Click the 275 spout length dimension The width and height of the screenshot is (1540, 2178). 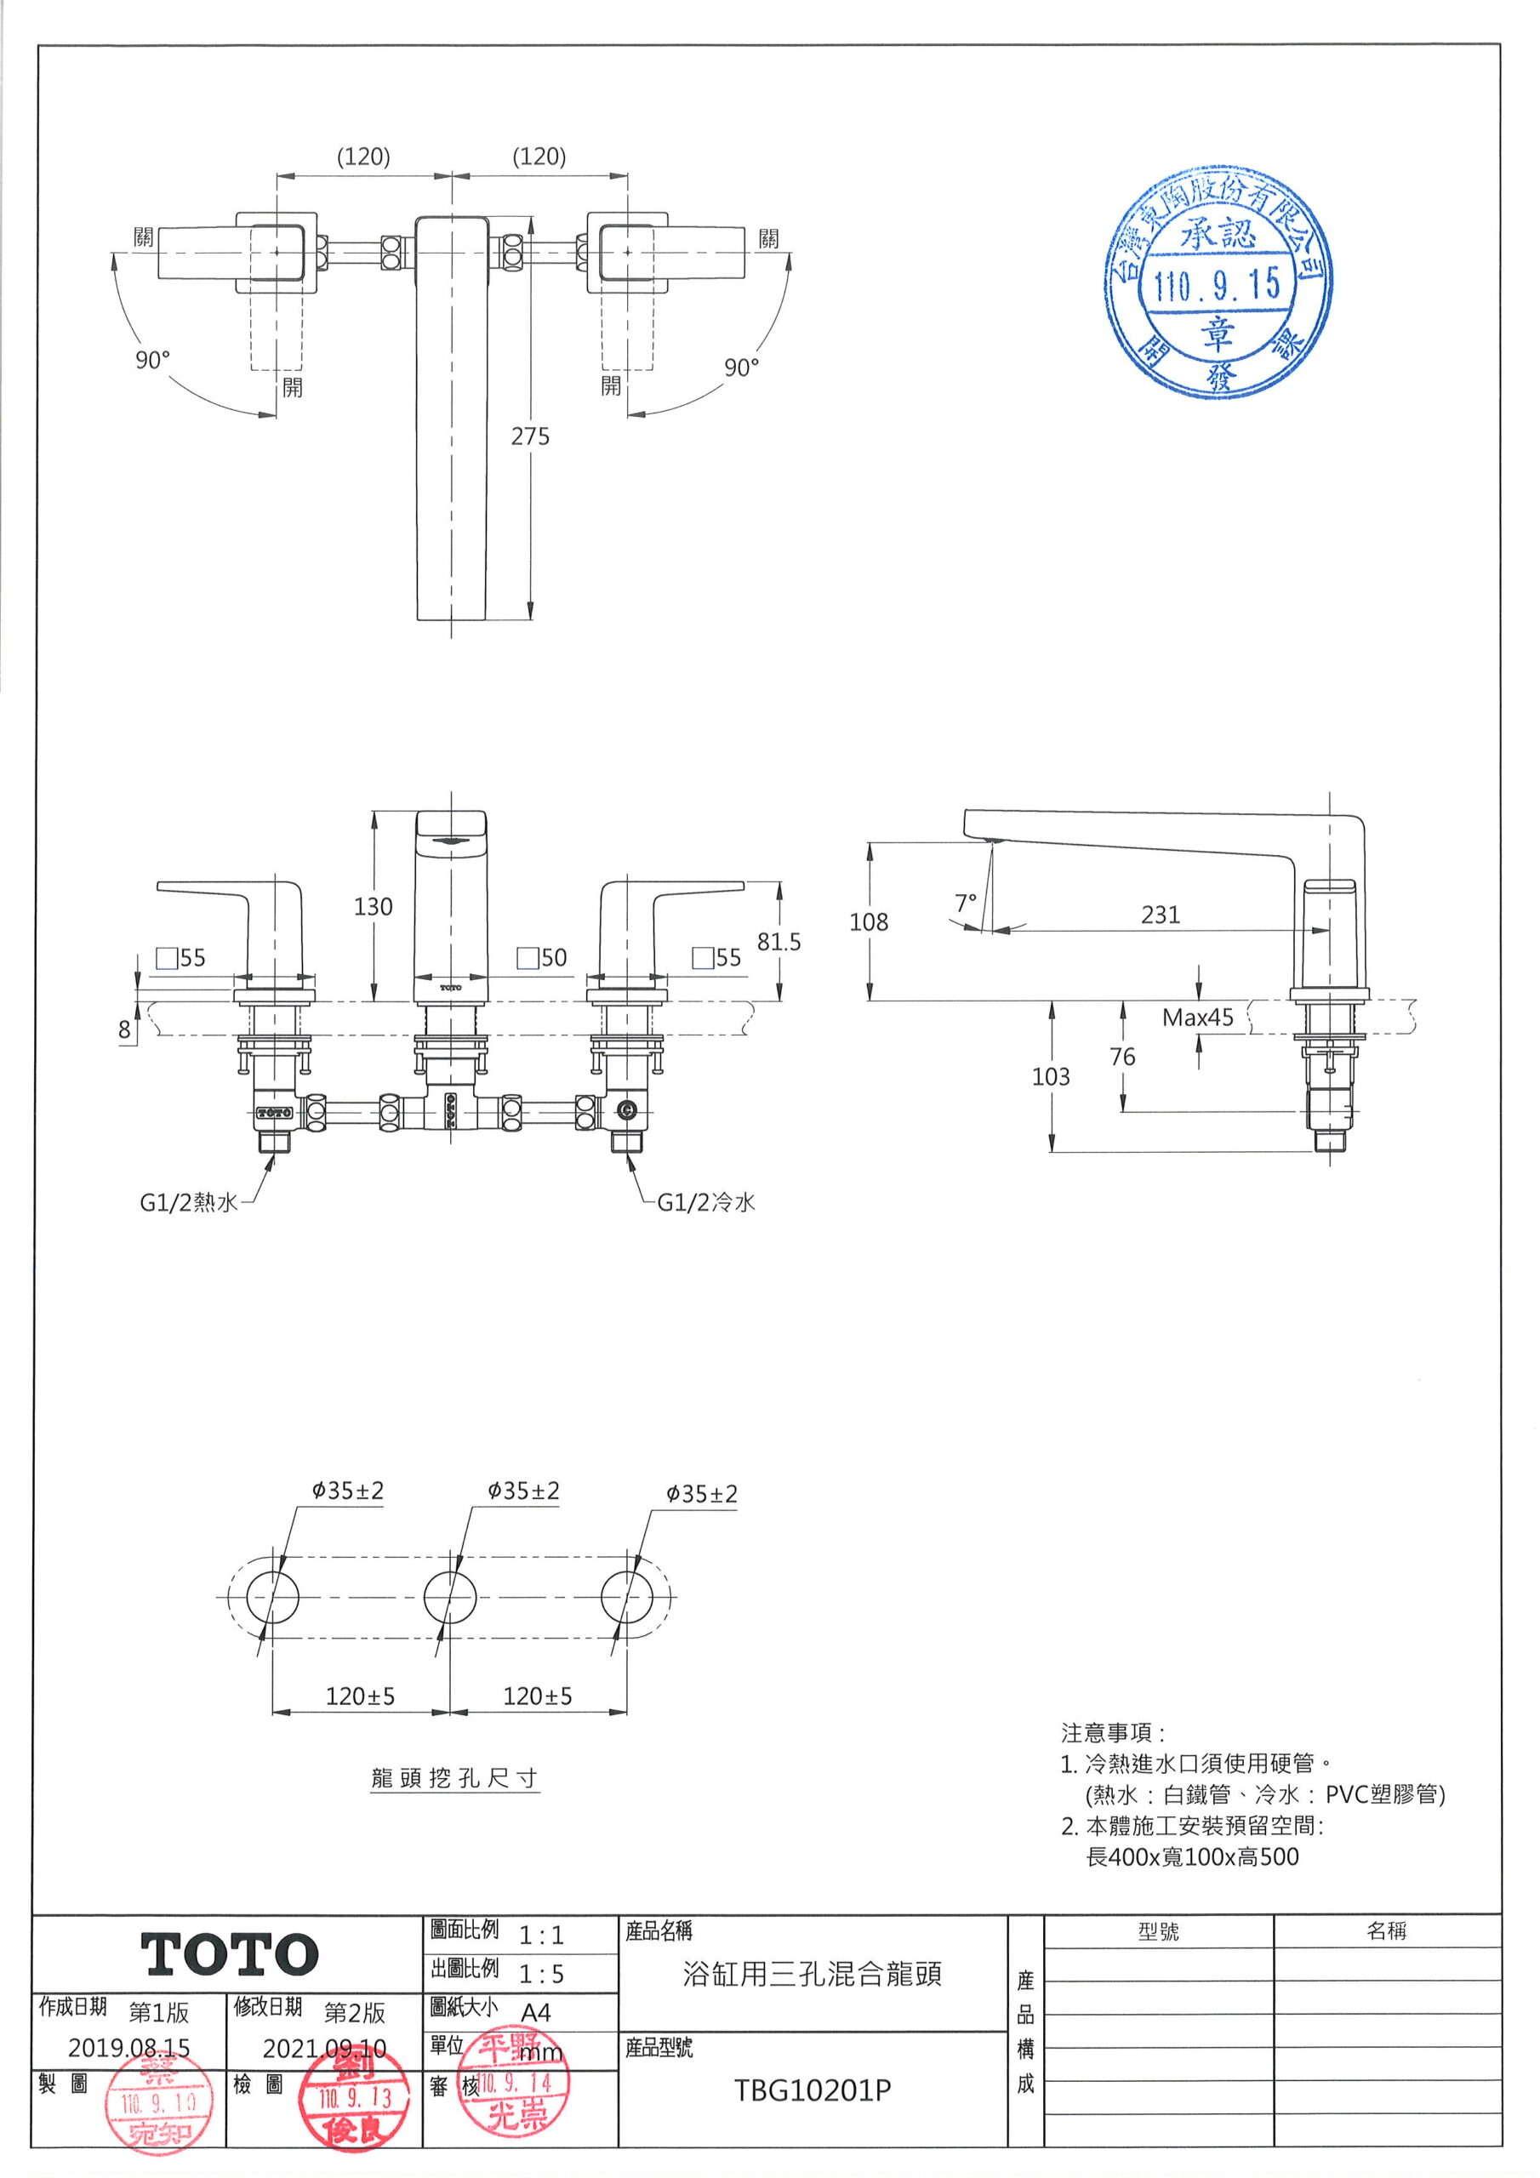tap(529, 436)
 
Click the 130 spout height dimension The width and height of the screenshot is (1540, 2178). tap(373, 907)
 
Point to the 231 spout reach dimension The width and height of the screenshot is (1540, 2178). tap(1161, 915)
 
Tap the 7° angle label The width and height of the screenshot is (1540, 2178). tap(965, 903)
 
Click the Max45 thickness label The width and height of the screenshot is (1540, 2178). tap(1197, 1018)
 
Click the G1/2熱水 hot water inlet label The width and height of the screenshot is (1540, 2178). tap(188, 1203)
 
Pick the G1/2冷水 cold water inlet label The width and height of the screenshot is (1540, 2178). tap(706, 1203)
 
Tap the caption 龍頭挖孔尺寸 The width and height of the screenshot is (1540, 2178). tap(454, 1777)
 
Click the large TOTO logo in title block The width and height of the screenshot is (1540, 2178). tap(230, 1955)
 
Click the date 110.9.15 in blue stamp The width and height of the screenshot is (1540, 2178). tap(1218, 283)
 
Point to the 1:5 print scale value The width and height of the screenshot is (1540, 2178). tap(541, 1974)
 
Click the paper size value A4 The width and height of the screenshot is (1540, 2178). tap(536, 2012)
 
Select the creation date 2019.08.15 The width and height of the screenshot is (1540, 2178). tap(128, 2047)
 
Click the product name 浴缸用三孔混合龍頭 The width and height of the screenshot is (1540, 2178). tap(813, 1974)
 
